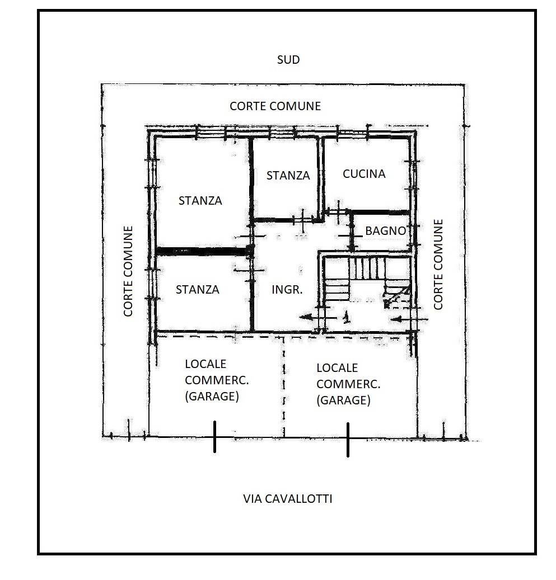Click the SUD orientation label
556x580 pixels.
[x=288, y=59]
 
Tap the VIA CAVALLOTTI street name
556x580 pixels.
[x=287, y=499]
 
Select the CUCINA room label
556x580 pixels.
[x=364, y=174]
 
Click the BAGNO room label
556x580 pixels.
[x=386, y=231]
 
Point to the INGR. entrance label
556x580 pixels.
[x=287, y=289]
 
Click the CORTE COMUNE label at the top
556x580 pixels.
[x=275, y=106]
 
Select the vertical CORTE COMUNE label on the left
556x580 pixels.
[x=128, y=271]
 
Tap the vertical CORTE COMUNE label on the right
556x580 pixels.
[x=438, y=265]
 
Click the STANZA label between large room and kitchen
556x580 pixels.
[x=288, y=175]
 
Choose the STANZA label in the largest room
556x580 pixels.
[x=200, y=200]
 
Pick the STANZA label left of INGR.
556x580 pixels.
[x=198, y=289]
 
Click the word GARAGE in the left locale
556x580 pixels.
[x=212, y=396]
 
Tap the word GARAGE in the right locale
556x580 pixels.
[x=343, y=400]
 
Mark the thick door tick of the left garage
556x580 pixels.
[x=215, y=436]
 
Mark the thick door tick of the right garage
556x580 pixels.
[x=348, y=440]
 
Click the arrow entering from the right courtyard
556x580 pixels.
[x=409, y=319]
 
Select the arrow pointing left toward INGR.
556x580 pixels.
[x=318, y=317]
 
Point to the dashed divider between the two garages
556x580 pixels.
[x=284, y=386]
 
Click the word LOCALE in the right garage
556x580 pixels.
[x=337, y=367]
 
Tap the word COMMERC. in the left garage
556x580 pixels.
[x=217, y=380]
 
